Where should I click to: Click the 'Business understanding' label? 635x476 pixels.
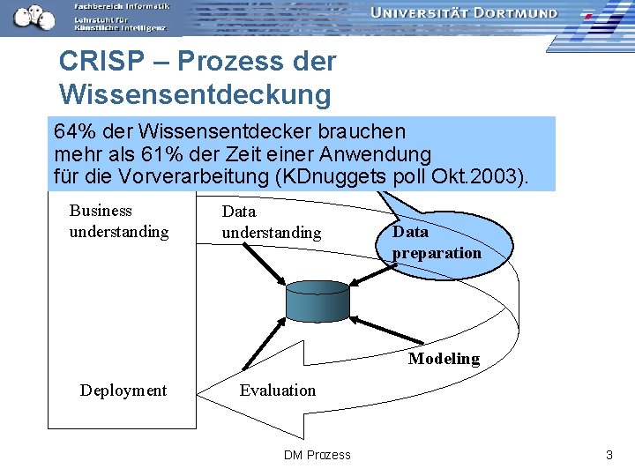(118, 221)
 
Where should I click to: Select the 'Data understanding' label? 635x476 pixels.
(271, 222)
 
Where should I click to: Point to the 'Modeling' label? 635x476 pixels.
(444, 359)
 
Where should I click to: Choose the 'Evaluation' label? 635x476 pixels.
(277, 390)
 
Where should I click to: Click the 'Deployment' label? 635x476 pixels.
(123, 390)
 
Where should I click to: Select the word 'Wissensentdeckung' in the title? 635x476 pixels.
(195, 93)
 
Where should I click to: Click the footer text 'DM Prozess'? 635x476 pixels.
(317, 455)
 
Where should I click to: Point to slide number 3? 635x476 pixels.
(609, 455)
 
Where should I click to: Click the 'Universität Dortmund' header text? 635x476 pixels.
(464, 13)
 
